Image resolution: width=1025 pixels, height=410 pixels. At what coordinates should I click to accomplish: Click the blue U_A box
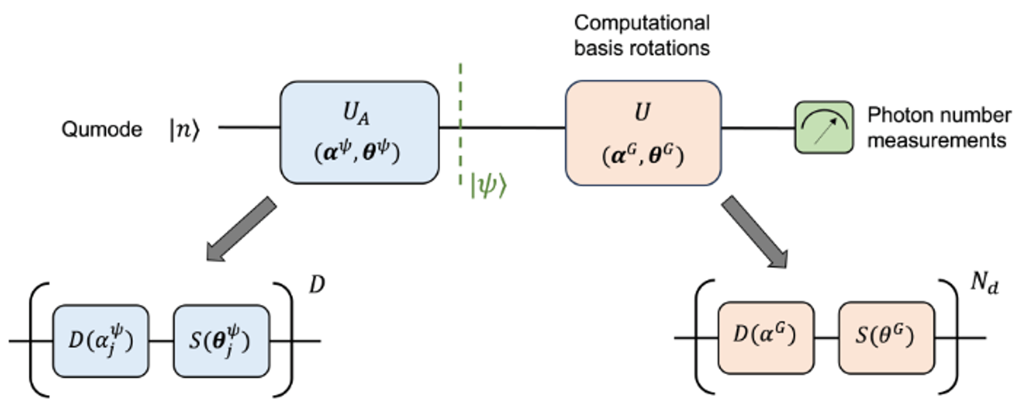pyautogui.click(x=359, y=132)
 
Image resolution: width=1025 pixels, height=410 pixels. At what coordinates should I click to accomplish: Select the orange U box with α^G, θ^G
pyautogui.click(x=643, y=133)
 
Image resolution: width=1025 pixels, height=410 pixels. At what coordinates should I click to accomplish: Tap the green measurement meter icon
pyautogui.click(x=824, y=127)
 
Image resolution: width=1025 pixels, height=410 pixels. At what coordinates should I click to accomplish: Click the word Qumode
pyautogui.click(x=101, y=129)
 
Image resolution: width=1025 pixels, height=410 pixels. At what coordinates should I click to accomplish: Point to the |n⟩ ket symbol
pyautogui.click(x=184, y=130)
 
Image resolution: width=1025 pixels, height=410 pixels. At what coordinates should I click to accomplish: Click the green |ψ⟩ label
pyautogui.click(x=488, y=186)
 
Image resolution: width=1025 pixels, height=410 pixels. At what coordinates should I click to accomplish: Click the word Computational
pyautogui.click(x=642, y=23)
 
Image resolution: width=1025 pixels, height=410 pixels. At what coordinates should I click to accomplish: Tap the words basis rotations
pyautogui.click(x=642, y=48)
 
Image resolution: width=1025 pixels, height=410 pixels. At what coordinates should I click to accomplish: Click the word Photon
pyautogui.click(x=902, y=115)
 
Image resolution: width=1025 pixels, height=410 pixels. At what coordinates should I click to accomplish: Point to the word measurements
pyautogui.click(x=936, y=140)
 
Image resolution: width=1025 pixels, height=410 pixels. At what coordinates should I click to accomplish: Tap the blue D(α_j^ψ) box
pyautogui.click(x=100, y=341)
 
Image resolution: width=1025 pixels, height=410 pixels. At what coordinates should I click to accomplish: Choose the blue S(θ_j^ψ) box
pyautogui.click(x=221, y=341)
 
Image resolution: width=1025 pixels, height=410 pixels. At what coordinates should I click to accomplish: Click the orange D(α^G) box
pyautogui.click(x=766, y=337)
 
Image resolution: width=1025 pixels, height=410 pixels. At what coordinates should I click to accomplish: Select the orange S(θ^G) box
pyautogui.click(x=886, y=337)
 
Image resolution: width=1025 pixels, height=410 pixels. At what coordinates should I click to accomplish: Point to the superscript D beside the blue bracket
pyautogui.click(x=317, y=285)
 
